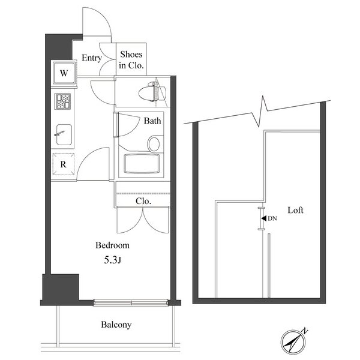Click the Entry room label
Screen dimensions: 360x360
coord(92,58)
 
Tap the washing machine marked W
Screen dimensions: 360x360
coord(64,73)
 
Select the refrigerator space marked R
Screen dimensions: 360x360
coord(64,164)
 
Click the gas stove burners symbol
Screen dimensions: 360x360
coord(62,101)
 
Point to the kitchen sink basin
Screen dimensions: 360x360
coord(64,135)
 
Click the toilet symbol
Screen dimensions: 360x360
coord(152,91)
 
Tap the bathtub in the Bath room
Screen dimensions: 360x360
coord(142,164)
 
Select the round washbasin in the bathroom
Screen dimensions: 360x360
coord(154,144)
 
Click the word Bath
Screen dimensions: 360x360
coord(152,121)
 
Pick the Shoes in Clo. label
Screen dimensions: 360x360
coord(131,60)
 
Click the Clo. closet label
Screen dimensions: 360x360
coord(143,202)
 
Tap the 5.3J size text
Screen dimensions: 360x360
coord(113,260)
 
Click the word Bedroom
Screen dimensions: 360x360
coord(113,245)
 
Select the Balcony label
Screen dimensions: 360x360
coord(116,325)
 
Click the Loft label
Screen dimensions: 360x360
coord(295,210)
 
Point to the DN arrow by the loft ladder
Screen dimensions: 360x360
coord(264,218)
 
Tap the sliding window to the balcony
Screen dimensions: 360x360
coord(131,302)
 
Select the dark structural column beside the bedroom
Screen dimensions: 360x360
coord(61,287)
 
